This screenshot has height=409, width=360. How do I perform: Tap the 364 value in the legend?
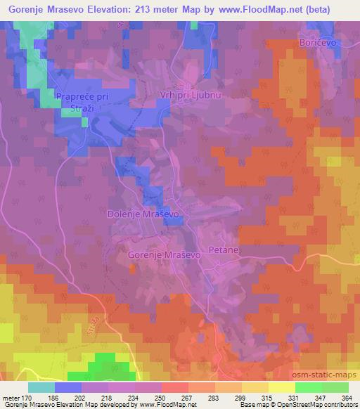(x=346, y=398)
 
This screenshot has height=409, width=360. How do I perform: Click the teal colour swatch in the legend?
(x=41, y=387)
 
